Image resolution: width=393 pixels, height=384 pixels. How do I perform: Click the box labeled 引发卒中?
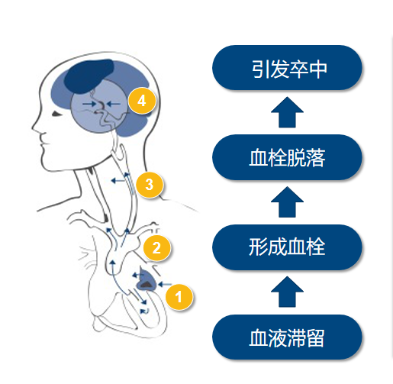point(287,68)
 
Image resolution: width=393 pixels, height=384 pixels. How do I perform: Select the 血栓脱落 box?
point(287,157)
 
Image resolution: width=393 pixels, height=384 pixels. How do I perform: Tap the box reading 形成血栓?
point(287,247)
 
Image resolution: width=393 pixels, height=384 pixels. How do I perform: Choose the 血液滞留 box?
point(287,337)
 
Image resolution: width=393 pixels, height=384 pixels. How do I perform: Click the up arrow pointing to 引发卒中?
point(287,112)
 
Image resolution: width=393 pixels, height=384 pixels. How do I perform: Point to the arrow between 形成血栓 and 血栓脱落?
point(287,202)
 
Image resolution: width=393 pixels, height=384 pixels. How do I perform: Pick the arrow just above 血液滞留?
point(287,292)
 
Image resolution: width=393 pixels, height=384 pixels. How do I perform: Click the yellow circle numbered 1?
point(179,297)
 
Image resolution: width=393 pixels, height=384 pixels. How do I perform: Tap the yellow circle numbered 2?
point(156,247)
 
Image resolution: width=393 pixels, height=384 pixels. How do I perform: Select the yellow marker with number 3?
point(150,185)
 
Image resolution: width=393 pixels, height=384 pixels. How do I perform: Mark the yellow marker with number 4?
point(142,101)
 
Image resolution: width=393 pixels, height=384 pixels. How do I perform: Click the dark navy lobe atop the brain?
point(89,76)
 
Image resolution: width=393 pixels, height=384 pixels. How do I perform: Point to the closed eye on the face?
point(57,114)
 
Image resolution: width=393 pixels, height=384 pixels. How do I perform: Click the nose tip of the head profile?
point(33,127)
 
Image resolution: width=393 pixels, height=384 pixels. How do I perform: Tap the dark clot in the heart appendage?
point(146,285)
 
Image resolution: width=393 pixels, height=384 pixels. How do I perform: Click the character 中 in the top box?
point(317,69)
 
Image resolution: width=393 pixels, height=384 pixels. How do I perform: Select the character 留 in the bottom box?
point(315,338)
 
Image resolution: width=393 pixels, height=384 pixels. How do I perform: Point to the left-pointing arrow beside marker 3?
point(118,181)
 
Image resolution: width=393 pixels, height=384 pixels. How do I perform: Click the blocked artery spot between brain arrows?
point(101,105)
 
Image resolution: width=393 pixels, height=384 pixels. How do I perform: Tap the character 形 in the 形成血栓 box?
point(258,247)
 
